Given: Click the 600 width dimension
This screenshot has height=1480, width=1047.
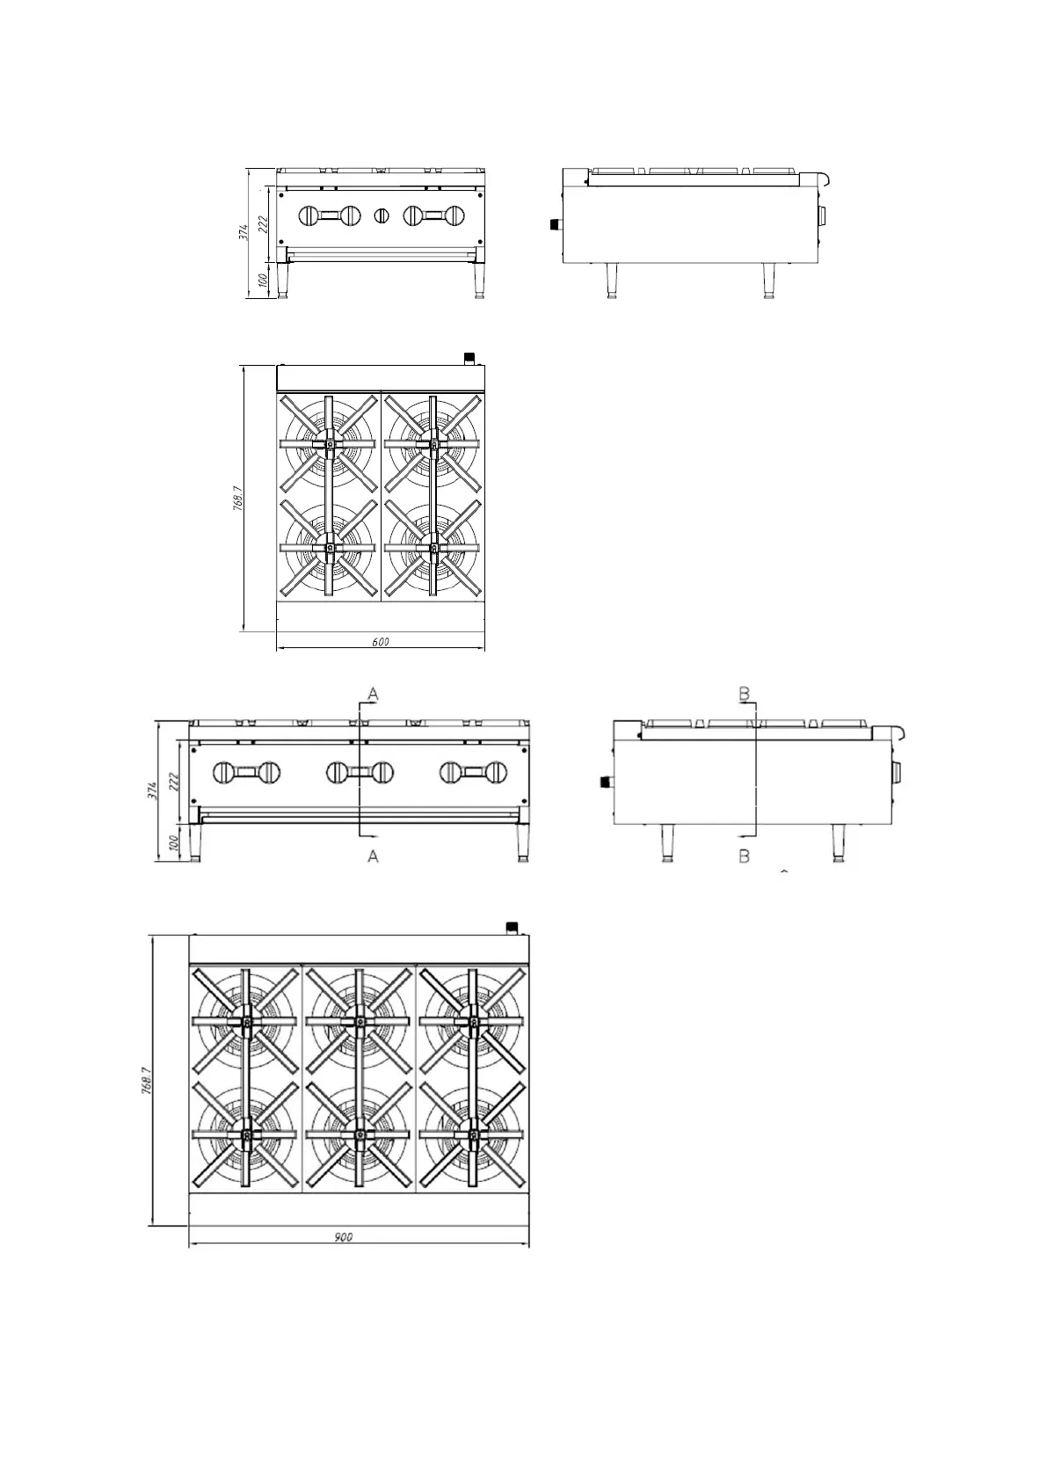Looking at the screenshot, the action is [381, 643].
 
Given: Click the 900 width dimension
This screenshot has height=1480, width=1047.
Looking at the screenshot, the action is [344, 1237].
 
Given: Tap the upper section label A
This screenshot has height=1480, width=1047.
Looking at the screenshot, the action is [373, 695].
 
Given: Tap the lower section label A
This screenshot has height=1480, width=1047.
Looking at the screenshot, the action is [373, 856].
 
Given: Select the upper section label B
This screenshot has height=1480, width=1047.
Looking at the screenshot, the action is [744, 695].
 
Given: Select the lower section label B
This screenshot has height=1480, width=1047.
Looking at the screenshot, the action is [744, 856].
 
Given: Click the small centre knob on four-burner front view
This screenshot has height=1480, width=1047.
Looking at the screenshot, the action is [382, 215].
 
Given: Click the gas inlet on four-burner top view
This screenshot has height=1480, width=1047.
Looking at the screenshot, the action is [469, 358].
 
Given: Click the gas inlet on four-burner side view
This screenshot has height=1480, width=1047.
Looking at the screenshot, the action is [555, 224].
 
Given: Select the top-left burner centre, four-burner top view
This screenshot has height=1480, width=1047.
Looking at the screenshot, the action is [329, 444].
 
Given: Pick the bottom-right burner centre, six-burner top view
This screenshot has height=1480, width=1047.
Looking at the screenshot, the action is [473, 1135].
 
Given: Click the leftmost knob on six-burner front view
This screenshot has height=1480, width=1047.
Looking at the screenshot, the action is [223, 773].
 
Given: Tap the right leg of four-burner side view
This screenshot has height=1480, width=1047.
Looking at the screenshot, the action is [770, 281].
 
